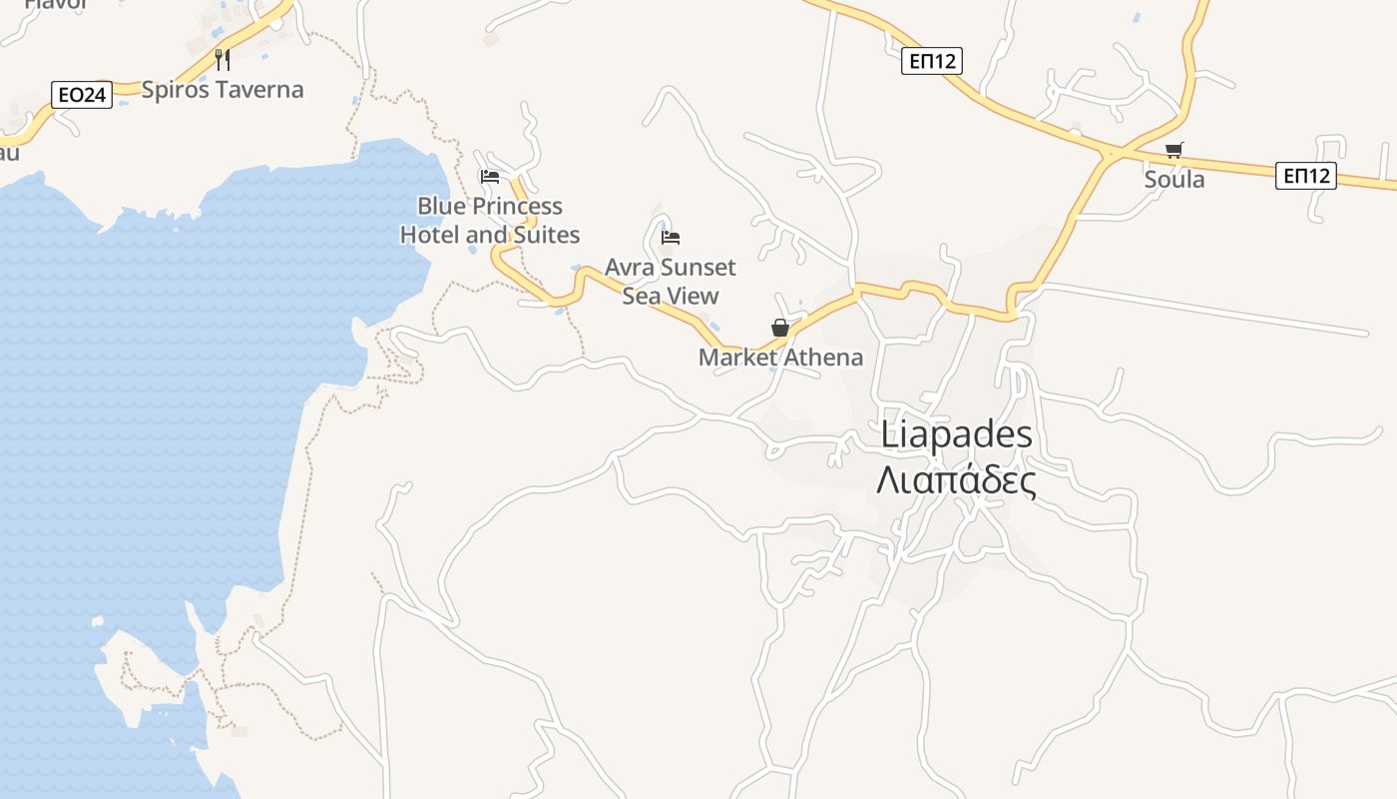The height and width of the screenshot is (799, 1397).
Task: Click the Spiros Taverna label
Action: [x=222, y=90]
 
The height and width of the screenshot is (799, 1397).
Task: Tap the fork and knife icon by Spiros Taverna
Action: [x=223, y=59]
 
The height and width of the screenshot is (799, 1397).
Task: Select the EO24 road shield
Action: [x=81, y=95]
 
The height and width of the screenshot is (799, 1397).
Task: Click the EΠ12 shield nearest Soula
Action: [x=1306, y=176]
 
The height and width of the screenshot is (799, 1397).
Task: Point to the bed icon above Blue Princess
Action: [x=489, y=177]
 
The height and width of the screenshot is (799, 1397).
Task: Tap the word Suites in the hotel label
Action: [x=547, y=236]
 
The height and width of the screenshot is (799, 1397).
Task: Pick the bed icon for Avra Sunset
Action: [x=671, y=238]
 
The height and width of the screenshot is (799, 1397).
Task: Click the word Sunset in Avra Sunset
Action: [x=698, y=268]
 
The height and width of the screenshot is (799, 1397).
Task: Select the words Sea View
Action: [x=671, y=297]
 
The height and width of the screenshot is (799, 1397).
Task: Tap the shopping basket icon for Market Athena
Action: [x=780, y=328]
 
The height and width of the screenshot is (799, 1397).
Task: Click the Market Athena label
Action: [x=780, y=358]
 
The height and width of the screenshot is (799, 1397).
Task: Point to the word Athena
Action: [x=823, y=358]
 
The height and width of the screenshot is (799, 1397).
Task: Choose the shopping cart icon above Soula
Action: [x=1174, y=151]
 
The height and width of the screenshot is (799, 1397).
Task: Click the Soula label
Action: [x=1174, y=180]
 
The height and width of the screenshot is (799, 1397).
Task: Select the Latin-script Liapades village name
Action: [x=957, y=435]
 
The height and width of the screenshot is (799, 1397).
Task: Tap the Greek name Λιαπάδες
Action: [x=956, y=480]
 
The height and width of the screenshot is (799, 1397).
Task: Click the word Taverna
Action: [x=256, y=90]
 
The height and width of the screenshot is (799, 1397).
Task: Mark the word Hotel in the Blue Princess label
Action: [x=429, y=236]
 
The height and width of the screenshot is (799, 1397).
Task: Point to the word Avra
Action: [x=630, y=268]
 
